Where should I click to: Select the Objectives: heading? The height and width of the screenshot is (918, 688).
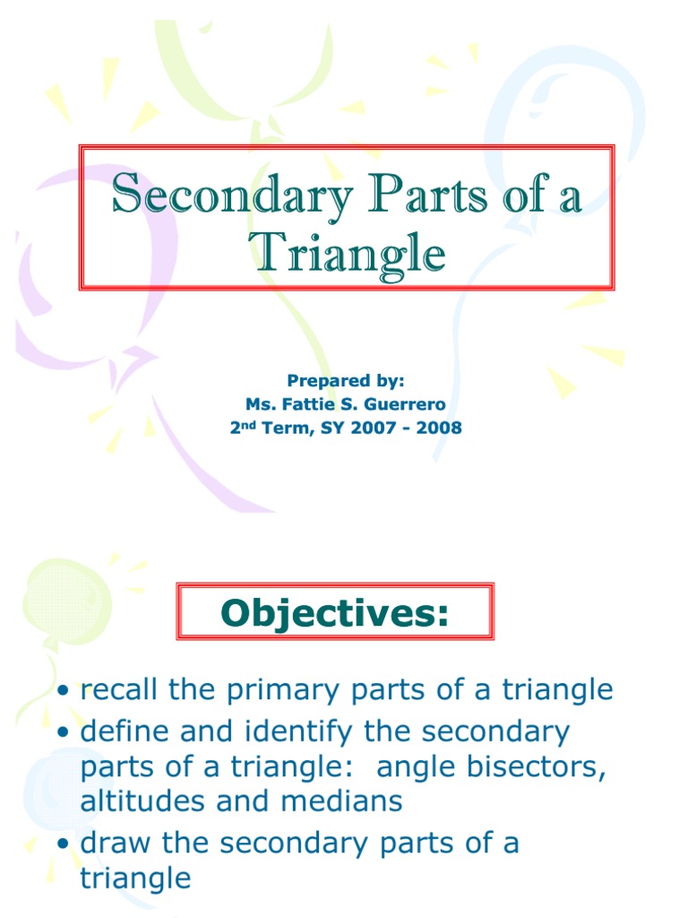[x=334, y=613]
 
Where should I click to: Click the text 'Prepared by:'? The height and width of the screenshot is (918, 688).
[x=345, y=382]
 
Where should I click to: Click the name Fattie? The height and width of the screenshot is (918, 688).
[x=306, y=405]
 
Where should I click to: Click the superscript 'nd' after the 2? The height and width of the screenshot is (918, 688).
[x=246, y=424]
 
